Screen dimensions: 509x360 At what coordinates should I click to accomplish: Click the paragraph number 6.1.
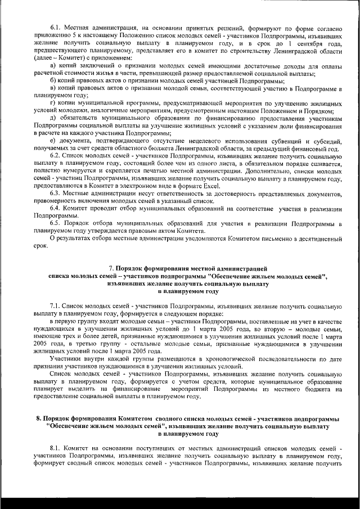click(55, 28)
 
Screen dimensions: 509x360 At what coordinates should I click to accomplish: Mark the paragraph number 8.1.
click(55, 448)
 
